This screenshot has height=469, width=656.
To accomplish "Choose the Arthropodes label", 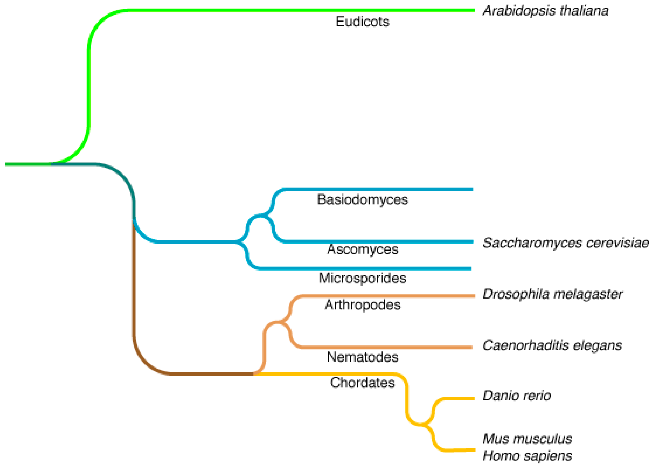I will pyautogui.click(x=363, y=305).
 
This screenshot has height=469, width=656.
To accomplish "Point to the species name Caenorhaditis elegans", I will pyautogui.click(x=552, y=345).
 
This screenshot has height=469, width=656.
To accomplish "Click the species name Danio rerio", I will pyautogui.click(x=516, y=396).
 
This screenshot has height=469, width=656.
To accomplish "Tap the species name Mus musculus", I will pyautogui.click(x=527, y=439).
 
